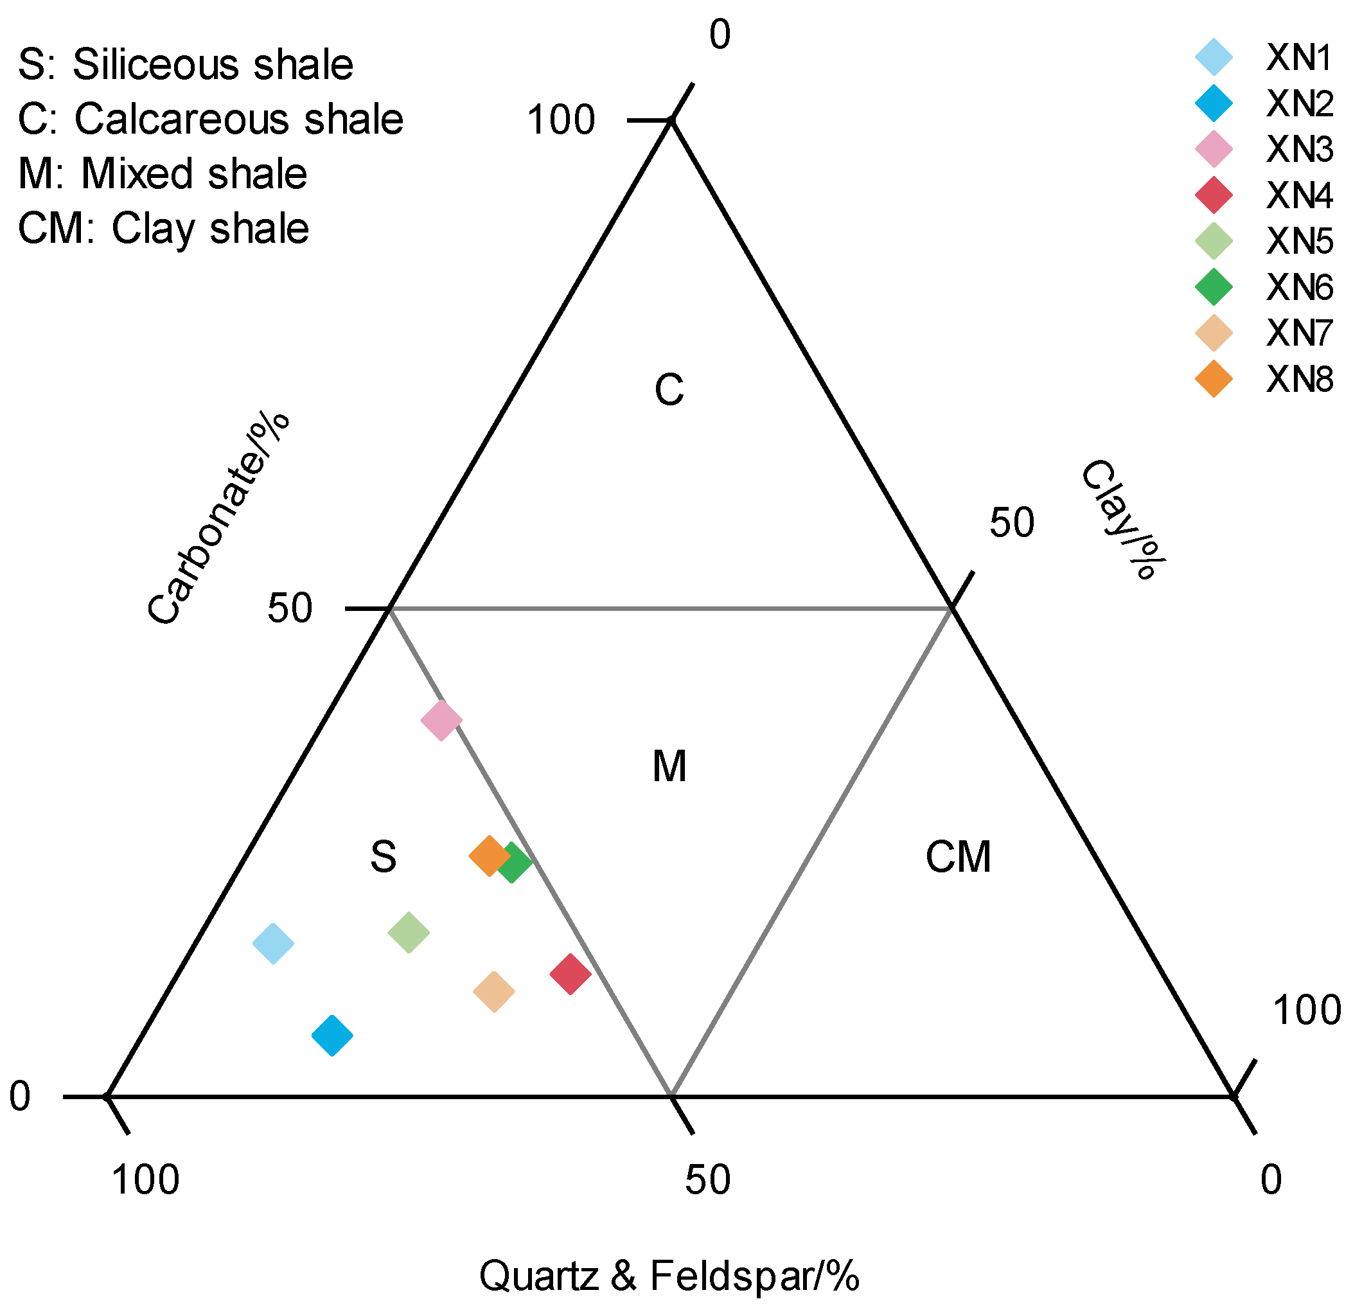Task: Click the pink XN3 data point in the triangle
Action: point(441,720)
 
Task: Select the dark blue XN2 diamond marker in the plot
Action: point(332,1035)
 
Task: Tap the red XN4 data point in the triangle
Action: point(570,974)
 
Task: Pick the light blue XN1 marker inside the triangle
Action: point(273,943)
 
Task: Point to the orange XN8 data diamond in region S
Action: point(489,856)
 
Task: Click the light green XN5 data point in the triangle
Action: point(409,932)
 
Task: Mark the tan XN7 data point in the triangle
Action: point(493,991)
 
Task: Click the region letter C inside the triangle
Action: point(669,390)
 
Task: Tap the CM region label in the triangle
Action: point(957,856)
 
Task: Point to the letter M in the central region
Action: point(669,767)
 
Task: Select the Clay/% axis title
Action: point(1120,518)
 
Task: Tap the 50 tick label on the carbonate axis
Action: point(290,608)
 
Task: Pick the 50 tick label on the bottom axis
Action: point(707,1179)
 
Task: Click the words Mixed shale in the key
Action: point(194,173)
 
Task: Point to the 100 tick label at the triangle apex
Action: point(561,119)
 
